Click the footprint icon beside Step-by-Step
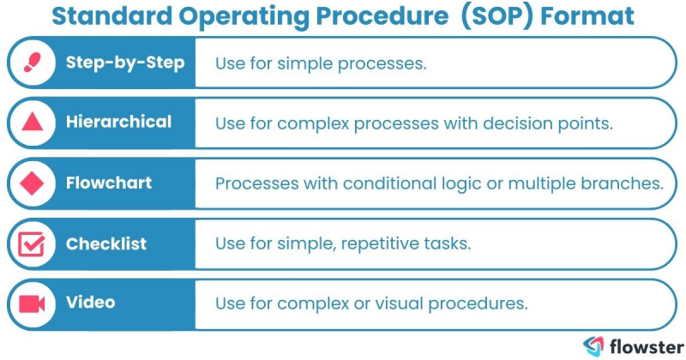[x=33, y=63]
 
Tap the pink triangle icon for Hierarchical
[x=33, y=123]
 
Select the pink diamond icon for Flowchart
[x=33, y=183]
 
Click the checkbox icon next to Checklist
[x=33, y=243]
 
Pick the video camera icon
[x=33, y=303]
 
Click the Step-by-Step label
[x=125, y=63]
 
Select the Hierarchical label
[x=118, y=123]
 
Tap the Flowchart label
[x=109, y=183]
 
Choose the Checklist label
[x=106, y=243]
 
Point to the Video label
[x=90, y=303]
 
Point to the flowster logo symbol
[x=593, y=345]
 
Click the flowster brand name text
[x=642, y=345]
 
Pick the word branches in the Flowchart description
[x=628, y=183]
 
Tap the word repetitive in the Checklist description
[x=382, y=243]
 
